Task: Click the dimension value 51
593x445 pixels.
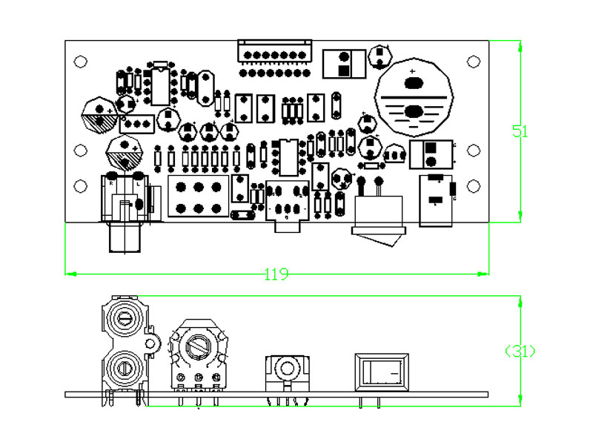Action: pyautogui.click(x=520, y=131)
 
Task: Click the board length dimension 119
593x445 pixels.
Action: pyautogui.click(x=276, y=274)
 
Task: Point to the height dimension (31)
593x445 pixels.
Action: pyautogui.click(x=520, y=351)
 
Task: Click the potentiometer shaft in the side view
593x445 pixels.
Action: pyautogui.click(x=198, y=346)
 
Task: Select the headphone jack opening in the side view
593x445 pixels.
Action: pyautogui.click(x=285, y=369)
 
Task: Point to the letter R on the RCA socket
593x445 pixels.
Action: pyautogui.click(x=111, y=182)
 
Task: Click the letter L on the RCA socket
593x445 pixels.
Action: pyautogui.click(x=139, y=182)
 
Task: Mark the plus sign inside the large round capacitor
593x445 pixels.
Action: pyautogui.click(x=412, y=71)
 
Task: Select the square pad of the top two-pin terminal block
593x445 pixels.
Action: pyautogui.click(x=344, y=71)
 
